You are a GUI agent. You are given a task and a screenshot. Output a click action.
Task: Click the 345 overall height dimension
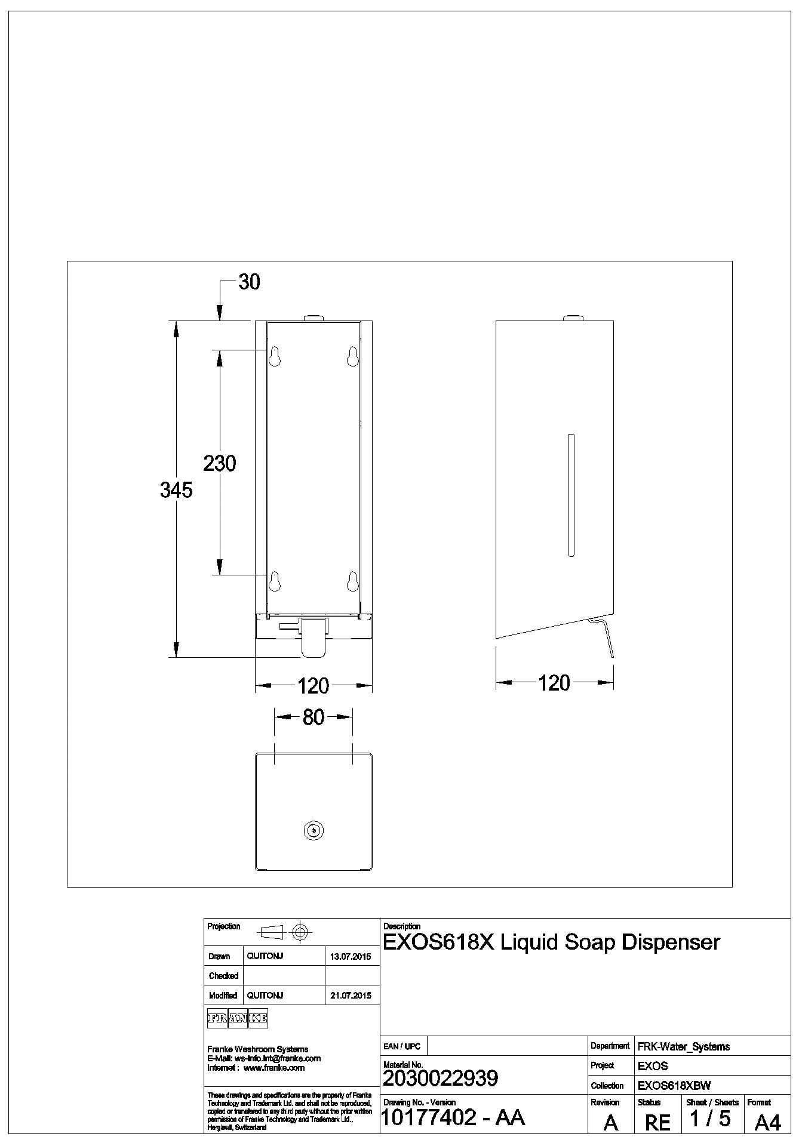(176, 490)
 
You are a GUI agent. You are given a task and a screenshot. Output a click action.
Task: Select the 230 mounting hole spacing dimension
(219, 463)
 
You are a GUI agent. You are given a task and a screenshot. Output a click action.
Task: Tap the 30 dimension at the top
(249, 282)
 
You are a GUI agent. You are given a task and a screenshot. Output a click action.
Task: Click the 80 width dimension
(313, 717)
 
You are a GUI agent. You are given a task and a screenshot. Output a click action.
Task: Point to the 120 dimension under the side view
(554, 683)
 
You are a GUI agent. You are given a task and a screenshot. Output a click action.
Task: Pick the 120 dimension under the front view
(313, 686)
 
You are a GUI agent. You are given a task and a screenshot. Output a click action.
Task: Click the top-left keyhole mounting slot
(275, 356)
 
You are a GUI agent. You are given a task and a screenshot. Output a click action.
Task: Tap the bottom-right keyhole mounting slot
(352, 581)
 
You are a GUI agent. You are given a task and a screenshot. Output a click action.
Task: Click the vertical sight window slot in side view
(571, 495)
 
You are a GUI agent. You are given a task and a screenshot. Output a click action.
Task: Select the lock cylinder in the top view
(314, 830)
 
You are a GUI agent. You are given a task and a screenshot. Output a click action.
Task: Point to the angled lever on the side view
(604, 637)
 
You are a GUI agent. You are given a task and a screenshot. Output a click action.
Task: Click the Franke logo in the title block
(237, 1019)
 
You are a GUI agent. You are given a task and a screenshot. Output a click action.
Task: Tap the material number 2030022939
(440, 1079)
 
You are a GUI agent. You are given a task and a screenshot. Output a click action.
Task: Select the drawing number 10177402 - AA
(453, 1117)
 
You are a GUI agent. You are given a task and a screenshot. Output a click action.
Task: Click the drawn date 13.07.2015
(351, 957)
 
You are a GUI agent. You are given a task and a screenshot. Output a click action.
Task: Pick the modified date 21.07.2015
(351, 996)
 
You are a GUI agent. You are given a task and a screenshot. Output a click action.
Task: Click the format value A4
(767, 1123)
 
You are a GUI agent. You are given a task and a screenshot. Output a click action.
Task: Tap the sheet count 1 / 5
(710, 1118)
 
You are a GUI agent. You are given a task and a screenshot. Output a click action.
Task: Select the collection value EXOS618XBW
(674, 1086)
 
